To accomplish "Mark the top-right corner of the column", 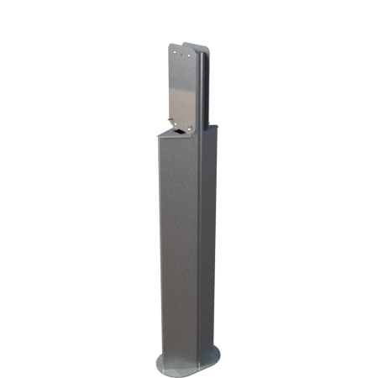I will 218,127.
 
